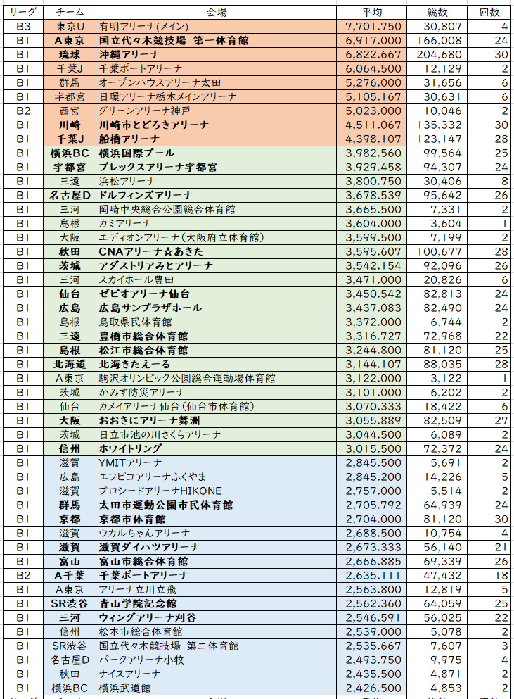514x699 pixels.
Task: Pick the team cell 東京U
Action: pyautogui.click(x=70, y=26)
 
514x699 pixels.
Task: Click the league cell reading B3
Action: pyautogui.click(x=23, y=26)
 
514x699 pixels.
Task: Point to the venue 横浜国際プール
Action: pyautogui.click(x=136, y=153)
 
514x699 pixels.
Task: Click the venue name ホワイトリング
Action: pyautogui.click(x=131, y=448)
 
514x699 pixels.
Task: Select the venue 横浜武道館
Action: pyautogui.click(x=124, y=688)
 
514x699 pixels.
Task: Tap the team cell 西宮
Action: pyautogui.click(x=70, y=111)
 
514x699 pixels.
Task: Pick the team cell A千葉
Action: pyautogui.click(x=70, y=575)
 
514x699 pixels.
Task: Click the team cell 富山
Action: pyautogui.click(x=70, y=561)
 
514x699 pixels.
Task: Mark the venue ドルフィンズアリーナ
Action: pyautogui.click(x=146, y=195)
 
